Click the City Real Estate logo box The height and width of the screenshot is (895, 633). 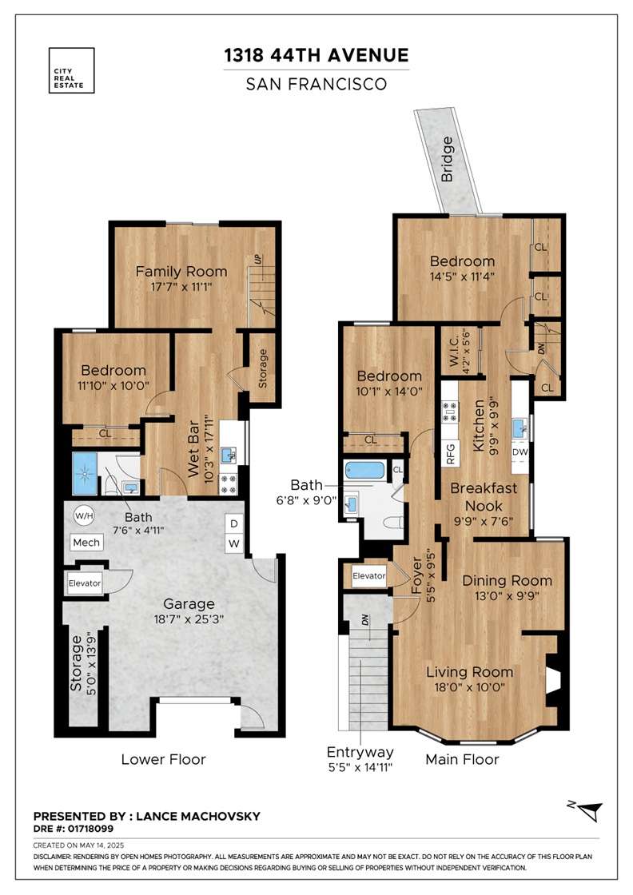click(71, 70)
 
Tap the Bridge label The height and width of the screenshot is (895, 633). click(447, 159)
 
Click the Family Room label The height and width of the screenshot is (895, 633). click(181, 272)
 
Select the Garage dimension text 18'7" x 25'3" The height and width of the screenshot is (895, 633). click(189, 619)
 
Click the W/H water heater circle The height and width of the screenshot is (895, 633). click(84, 516)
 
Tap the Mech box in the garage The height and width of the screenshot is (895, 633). click(87, 543)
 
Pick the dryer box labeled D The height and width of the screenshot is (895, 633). click(233, 524)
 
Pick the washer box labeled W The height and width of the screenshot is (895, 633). click(233, 543)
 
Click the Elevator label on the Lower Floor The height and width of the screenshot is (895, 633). click(85, 583)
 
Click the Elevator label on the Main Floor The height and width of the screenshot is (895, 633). click(368, 576)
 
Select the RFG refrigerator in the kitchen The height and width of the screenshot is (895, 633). click(450, 453)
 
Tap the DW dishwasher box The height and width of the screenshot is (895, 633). click(520, 452)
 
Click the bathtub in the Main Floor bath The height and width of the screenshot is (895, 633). click(364, 471)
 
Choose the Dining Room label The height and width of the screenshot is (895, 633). click(507, 580)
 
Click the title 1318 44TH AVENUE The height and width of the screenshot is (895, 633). click(316, 55)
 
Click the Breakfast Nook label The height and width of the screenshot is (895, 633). click(484, 496)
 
